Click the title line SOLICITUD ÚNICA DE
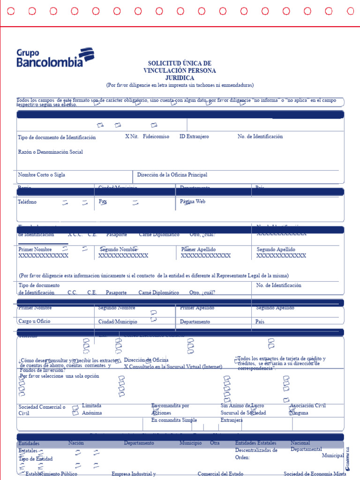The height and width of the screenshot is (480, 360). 180,63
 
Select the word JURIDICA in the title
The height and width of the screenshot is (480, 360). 180,78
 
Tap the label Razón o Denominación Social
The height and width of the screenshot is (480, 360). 50,152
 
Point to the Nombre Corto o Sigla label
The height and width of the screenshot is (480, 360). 41,175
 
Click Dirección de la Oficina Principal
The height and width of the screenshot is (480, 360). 172,175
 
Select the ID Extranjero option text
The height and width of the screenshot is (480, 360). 194,136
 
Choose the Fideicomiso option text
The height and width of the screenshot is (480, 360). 156,136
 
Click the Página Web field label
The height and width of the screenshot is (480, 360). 193,202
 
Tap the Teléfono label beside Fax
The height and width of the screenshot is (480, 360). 27,202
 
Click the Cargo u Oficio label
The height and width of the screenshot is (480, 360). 34,322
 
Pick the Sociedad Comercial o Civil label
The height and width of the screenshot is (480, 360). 42,410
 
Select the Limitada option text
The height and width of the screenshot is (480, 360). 91,405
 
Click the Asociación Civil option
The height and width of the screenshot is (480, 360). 308,405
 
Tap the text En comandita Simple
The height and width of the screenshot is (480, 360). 174,420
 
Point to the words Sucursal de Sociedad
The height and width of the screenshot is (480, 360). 243,413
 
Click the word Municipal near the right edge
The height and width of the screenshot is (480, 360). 333,456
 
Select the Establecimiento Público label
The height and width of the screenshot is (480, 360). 51,474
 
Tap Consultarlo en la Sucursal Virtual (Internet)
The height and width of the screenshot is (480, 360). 175,367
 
